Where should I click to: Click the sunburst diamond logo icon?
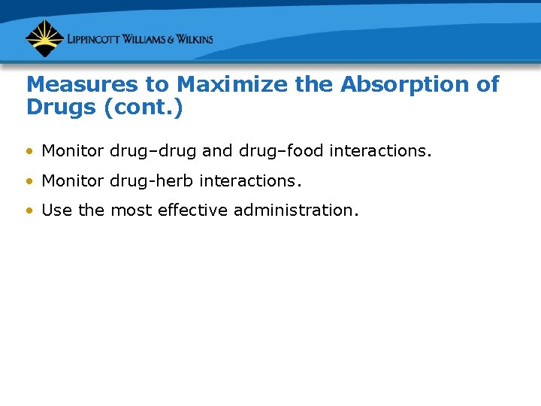[44, 38]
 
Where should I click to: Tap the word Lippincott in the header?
[96, 39]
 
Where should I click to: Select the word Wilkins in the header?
[192, 39]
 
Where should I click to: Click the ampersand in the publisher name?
[165, 39]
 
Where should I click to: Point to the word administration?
[295, 211]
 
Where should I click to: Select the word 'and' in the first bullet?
[217, 151]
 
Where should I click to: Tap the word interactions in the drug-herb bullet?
[249, 181]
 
